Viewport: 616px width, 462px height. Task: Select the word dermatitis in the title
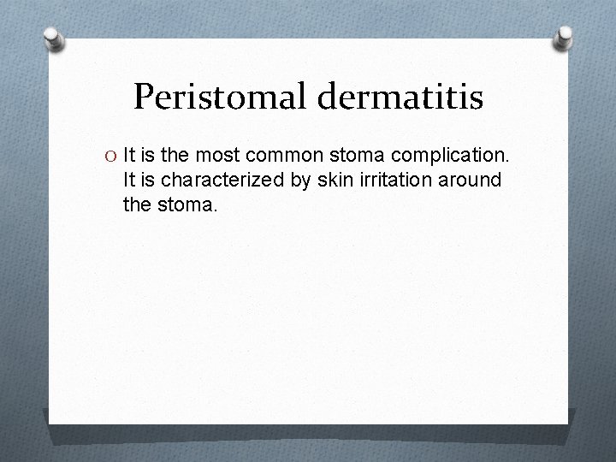point(402,97)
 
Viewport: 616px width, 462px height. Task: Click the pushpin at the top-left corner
point(55,39)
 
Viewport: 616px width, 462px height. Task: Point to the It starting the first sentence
point(129,156)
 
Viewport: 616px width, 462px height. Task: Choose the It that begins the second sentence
point(129,181)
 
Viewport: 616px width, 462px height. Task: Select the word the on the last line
point(137,206)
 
